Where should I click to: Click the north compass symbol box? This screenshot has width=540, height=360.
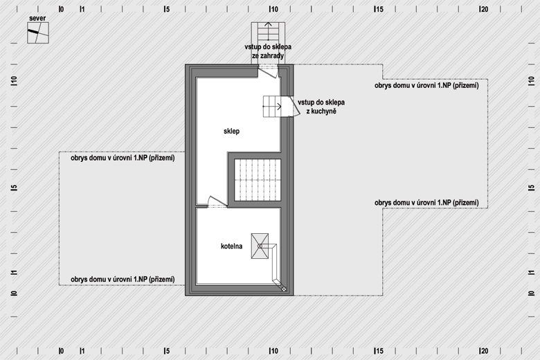pyautogui.click(x=38, y=33)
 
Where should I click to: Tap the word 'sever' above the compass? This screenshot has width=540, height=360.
pyautogui.click(x=37, y=18)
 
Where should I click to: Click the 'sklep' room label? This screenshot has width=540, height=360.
pyautogui.click(x=231, y=131)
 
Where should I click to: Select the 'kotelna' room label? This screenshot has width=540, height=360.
pyautogui.click(x=231, y=246)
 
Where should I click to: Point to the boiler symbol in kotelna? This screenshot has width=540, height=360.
pyautogui.click(x=260, y=246)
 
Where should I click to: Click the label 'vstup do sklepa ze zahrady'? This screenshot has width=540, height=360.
pyautogui.click(x=268, y=51)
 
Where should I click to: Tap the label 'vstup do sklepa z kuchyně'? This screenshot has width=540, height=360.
pyautogui.click(x=321, y=107)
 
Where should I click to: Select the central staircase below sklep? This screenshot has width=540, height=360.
pyautogui.click(x=258, y=180)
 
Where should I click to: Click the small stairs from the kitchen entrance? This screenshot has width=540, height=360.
pyautogui.click(x=272, y=107)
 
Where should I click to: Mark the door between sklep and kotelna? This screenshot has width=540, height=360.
pyautogui.click(x=217, y=201)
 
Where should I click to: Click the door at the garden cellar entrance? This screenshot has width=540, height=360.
pyautogui.click(x=268, y=72)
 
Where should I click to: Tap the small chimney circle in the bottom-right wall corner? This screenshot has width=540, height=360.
pyautogui.click(x=284, y=289)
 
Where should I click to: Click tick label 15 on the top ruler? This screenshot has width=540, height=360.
pyautogui.click(x=379, y=9)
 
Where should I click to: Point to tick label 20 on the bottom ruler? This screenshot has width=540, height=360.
pyautogui.click(x=484, y=351)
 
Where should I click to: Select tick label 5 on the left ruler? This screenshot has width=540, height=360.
pyautogui.click(x=14, y=188)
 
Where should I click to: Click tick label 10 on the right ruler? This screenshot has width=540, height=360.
pyautogui.click(x=531, y=81)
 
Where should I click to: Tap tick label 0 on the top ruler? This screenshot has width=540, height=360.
pyautogui.click(x=62, y=9)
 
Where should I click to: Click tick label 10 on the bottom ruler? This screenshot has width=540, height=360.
pyautogui.click(x=273, y=351)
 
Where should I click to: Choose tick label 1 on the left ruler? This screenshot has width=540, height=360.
pyautogui.click(x=14, y=273)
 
